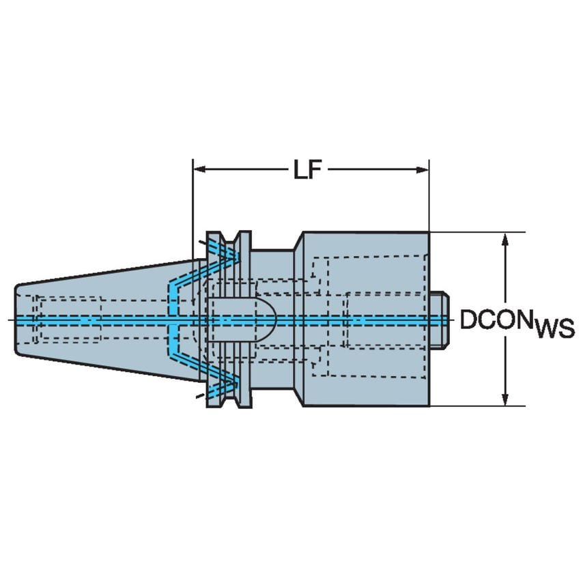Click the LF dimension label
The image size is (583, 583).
pyautogui.click(x=308, y=170)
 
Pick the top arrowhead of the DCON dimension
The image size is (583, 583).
pyautogui.click(x=505, y=239)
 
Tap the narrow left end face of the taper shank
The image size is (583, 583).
pyautogui.click(x=16, y=319)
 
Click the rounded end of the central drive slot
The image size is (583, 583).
pyautogui.click(x=269, y=319)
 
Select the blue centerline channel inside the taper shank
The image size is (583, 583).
pyautogui.click(x=89, y=319)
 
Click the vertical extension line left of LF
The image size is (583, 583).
pyautogui.click(x=193, y=205)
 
